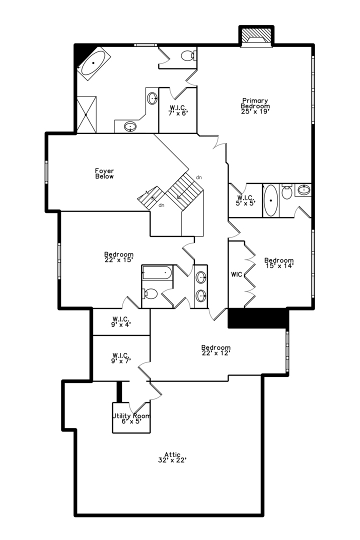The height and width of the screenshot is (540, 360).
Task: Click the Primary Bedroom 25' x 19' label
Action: (255, 106)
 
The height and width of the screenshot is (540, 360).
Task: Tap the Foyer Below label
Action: (104, 173)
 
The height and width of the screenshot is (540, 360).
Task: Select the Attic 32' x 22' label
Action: (172, 457)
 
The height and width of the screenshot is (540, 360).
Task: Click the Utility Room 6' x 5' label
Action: (131, 418)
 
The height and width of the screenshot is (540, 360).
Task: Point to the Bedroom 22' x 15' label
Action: (119, 257)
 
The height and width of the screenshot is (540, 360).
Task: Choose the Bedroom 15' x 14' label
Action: (279, 263)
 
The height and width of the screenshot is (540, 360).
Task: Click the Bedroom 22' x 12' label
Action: (216, 350)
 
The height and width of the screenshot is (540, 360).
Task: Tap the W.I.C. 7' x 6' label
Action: (178, 110)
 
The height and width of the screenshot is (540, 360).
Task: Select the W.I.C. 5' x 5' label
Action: (245, 200)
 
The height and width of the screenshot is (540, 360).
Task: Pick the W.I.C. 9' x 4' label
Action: (121, 321)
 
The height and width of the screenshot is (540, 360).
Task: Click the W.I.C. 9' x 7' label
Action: (121, 358)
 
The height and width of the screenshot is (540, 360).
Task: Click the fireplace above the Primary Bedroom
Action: (256, 36)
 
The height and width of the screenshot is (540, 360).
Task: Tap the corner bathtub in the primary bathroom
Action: (93, 63)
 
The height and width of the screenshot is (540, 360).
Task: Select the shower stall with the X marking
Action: (86, 114)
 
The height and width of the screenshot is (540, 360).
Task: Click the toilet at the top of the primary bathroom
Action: (189, 56)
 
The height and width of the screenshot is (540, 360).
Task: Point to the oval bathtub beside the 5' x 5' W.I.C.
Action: (271, 200)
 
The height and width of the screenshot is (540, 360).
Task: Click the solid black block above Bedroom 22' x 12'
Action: (257, 318)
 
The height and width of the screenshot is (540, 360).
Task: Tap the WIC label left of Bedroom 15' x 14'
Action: (236, 274)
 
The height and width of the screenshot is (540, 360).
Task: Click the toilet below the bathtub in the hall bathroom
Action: (149, 294)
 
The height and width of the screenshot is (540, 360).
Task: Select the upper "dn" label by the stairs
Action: (199, 177)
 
